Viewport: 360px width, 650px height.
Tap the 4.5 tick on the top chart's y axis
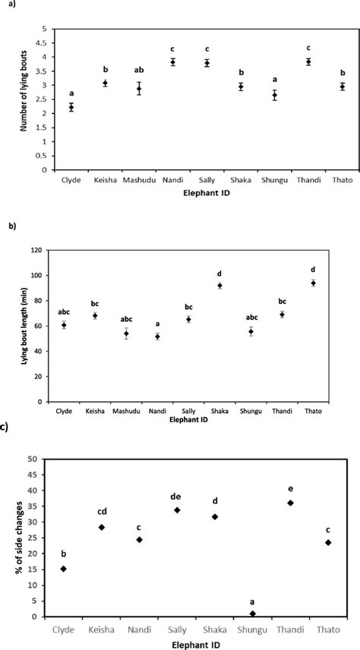(45, 43)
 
